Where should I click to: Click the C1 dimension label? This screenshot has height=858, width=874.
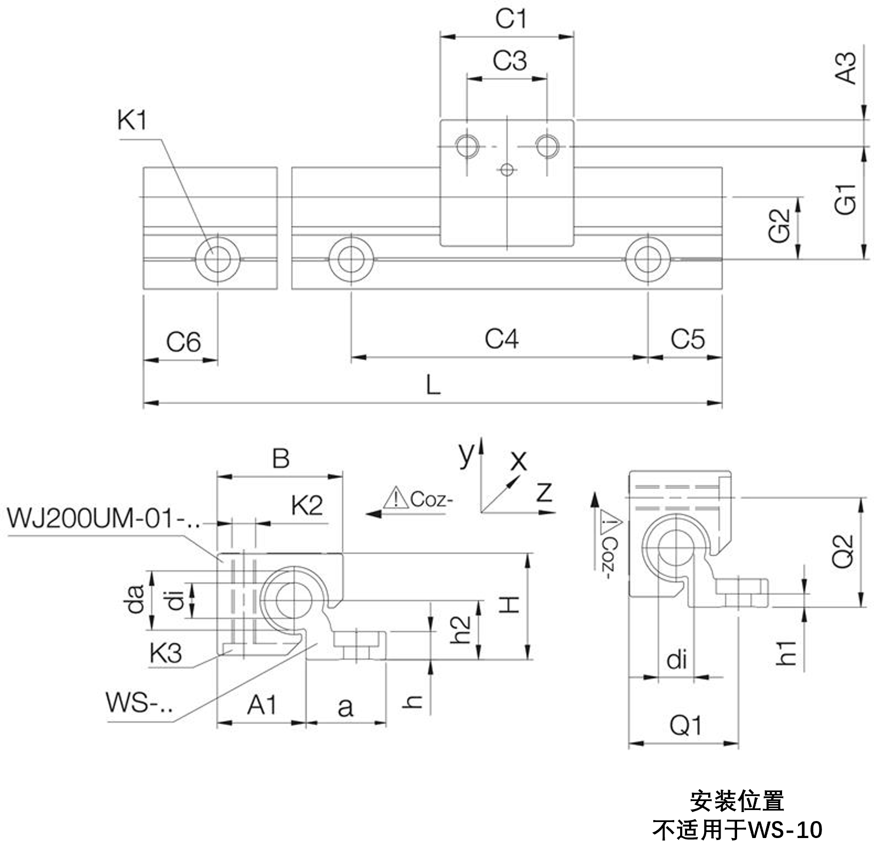click(x=511, y=19)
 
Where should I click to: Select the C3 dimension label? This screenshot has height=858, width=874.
click(x=509, y=60)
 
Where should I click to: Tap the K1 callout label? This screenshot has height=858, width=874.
click(x=132, y=120)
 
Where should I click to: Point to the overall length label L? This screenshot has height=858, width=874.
click(x=433, y=385)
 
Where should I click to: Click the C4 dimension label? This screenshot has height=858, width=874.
click(x=501, y=339)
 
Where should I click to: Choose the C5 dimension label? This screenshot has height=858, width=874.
click(x=687, y=339)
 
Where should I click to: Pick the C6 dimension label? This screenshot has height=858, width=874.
click(x=183, y=342)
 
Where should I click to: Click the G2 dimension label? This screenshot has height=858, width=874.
click(x=780, y=226)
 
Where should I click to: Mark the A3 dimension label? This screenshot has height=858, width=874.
click(x=846, y=68)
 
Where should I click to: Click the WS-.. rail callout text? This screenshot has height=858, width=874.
click(x=139, y=702)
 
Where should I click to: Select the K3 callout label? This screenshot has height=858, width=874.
click(x=165, y=653)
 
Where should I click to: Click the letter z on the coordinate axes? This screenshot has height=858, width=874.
click(x=544, y=492)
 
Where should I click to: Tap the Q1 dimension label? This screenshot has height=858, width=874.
click(x=686, y=725)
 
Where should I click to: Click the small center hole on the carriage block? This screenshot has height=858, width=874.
click(x=507, y=170)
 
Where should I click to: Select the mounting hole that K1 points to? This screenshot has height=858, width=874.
click(x=217, y=260)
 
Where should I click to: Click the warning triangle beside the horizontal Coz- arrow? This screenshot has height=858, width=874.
click(x=396, y=498)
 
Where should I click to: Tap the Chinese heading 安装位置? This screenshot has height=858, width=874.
click(x=737, y=802)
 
